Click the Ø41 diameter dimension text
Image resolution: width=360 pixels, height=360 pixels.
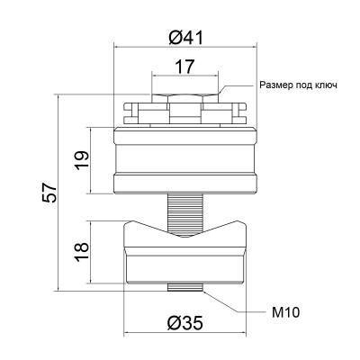click(x=185, y=38)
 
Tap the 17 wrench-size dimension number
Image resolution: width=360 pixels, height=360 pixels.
click(x=185, y=67)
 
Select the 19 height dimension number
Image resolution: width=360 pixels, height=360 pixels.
click(x=83, y=160)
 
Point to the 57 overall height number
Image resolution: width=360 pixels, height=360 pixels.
click(x=49, y=193)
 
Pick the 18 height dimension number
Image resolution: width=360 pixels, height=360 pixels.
click(x=83, y=252)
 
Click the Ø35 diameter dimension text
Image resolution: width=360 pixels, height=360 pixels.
click(x=185, y=323)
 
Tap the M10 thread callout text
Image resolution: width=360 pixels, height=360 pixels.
click(x=285, y=313)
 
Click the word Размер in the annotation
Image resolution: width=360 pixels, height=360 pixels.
click(x=273, y=85)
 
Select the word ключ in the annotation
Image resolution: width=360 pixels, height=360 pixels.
click(x=326, y=85)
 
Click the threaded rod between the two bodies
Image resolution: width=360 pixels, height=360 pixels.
click(x=185, y=213)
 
